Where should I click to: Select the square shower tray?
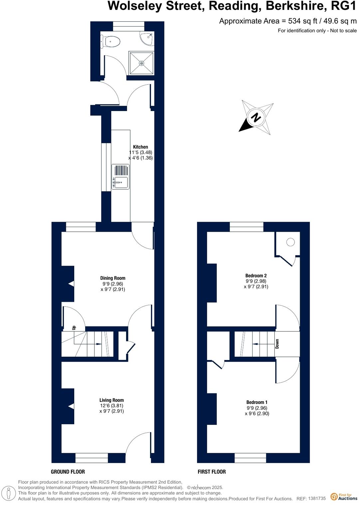tap(141, 63)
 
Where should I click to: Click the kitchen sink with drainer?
tap(120, 177)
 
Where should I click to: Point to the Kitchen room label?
tap(140, 147)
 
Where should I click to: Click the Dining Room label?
tap(113, 278)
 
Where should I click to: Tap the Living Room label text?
tap(111, 400)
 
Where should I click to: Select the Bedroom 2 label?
tap(256, 276)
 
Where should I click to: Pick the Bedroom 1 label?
tap(257, 402)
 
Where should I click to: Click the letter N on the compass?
tap(256, 117)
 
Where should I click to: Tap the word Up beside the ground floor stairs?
tap(74, 328)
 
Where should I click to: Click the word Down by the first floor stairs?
tap(277, 344)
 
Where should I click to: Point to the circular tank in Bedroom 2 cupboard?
tap(290, 242)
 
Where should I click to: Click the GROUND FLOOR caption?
tap(68, 472)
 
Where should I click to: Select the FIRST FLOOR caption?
tap(212, 472)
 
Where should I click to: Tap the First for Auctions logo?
tap(344, 497)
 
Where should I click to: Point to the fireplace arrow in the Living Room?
tap(71, 406)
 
